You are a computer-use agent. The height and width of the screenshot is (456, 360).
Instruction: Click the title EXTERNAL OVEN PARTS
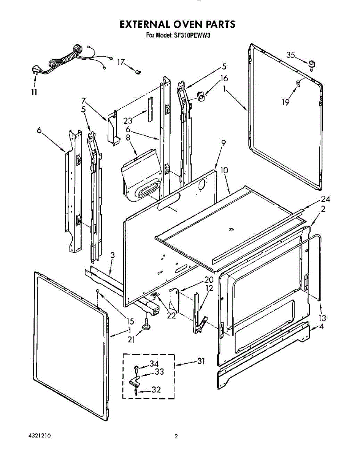[178, 25]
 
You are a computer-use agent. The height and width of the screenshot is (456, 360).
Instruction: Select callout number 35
[290, 55]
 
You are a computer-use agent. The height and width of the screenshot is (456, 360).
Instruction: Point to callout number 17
[121, 62]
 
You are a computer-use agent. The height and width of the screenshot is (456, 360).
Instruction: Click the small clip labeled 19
[298, 83]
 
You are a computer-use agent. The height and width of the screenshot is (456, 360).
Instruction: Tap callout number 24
[325, 199]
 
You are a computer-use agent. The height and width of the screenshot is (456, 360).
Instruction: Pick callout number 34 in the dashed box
[154, 364]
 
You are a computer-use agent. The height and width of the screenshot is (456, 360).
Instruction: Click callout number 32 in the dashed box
[156, 389]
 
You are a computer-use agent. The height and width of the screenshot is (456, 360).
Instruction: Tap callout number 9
[223, 143]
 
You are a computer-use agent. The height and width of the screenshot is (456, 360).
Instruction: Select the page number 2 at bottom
[176, 437]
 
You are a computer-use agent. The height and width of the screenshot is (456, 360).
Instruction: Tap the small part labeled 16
[201, 97]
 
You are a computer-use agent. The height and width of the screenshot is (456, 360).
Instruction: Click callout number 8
[128, 138]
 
